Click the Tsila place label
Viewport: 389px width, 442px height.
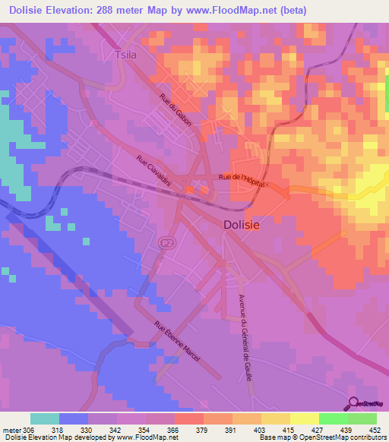pyautogui.click(x=123, y=55)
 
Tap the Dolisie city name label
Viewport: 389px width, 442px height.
pyautogui.click(x=245, y=225)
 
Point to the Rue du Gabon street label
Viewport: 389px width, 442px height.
pyautogui.click(x=176, y=109)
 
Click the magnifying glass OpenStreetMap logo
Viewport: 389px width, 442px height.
pyautogui.click(x=355, y=404)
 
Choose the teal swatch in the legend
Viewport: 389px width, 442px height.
pyautogui.click(x=45, y=418)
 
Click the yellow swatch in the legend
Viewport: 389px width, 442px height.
pyautogui.click(x=304, y=418)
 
